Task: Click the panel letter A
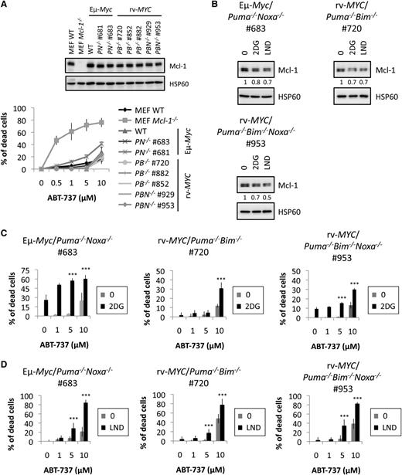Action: click(6, 6)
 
